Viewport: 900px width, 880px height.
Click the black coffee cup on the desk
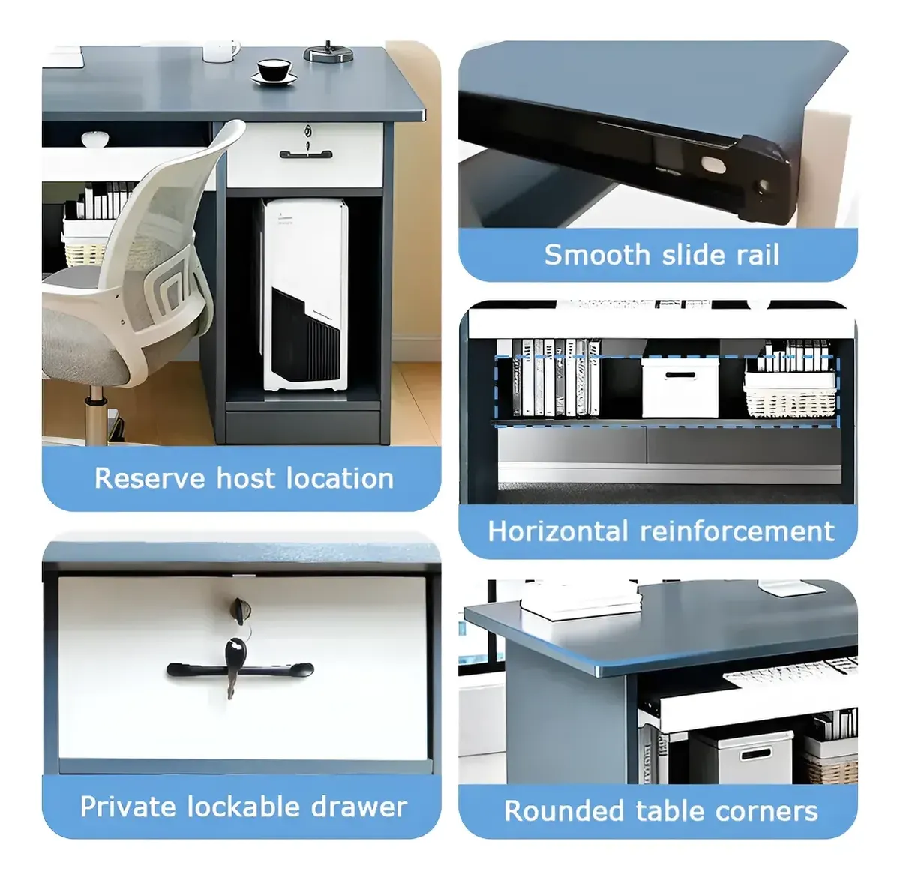coord(274,70)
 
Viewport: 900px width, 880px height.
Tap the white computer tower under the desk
coord(304,294)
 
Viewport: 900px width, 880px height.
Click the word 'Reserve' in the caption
coord(150,478)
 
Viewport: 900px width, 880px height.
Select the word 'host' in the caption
coord(246,478)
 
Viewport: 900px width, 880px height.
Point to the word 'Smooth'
coord(597,255)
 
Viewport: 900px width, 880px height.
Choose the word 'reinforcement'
coord(737,531)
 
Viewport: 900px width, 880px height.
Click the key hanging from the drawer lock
coord(235,666)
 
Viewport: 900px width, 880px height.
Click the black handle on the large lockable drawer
coord(240,670)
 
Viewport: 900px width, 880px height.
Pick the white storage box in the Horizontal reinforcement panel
coord(679,386)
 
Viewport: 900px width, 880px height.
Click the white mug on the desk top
coord(220,51)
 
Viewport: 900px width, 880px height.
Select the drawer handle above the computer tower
coord(306,154)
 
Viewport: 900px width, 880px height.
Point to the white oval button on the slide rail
coord(713,165)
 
